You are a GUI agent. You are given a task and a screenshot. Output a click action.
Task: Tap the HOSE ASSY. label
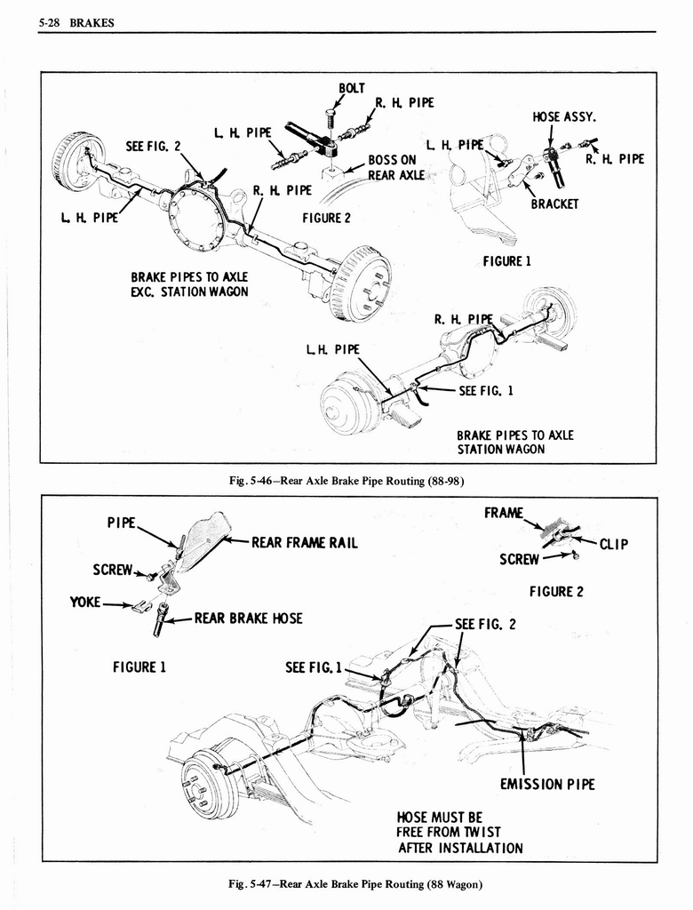click(564, 116)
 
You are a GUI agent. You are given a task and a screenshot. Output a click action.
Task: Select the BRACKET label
click(554, 204)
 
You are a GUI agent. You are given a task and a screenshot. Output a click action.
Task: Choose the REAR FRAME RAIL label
click(305, 542)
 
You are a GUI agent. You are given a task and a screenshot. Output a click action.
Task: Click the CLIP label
click(613, 545)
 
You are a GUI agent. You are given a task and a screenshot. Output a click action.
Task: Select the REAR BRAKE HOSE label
click(248, 618)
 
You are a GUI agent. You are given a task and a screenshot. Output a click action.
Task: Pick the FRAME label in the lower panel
click(503, 513)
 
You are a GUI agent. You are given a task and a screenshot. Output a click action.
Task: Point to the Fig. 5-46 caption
click(347, 481)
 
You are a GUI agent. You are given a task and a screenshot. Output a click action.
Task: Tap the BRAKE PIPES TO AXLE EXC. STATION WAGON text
click(189, 283)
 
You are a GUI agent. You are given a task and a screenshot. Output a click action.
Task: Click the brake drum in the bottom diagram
click(210, 782)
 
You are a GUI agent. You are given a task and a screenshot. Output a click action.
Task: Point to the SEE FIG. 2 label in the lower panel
click(485, 623)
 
